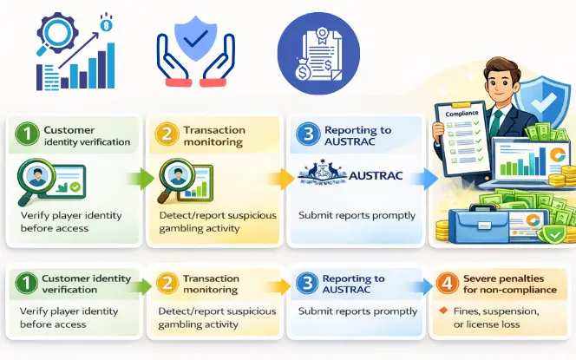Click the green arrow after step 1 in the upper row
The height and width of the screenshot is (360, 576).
point(138,179)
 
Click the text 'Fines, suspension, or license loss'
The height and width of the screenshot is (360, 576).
point(494,317)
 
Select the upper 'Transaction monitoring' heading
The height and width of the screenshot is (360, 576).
point(212,135)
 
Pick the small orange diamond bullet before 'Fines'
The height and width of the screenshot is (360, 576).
point(443,311)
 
